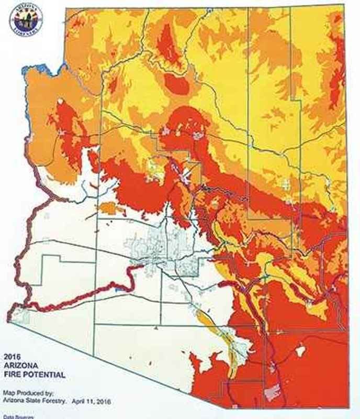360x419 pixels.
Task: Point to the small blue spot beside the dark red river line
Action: coord(119,288)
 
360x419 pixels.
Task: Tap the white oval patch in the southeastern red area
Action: coord(300,351)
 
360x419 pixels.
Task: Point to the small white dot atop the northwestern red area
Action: coord(61,101)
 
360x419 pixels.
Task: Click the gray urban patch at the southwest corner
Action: coord(19,314)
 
